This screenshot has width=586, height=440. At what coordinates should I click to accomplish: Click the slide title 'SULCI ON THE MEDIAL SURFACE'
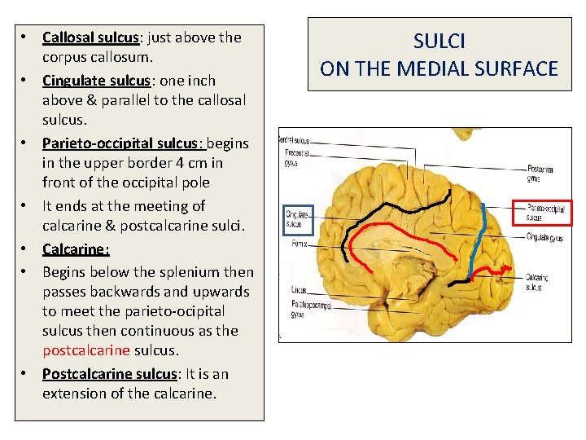coord(439,55)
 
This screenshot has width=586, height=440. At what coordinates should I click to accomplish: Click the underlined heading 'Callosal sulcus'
coord(90,37)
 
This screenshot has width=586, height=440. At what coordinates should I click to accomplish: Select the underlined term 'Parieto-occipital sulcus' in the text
coord(120,143)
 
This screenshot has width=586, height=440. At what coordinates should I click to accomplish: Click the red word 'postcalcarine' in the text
coord(85,350)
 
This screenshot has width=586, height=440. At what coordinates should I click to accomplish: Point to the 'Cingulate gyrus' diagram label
coord(544,237)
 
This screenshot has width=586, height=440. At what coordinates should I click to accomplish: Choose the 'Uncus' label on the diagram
coord(298,289)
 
